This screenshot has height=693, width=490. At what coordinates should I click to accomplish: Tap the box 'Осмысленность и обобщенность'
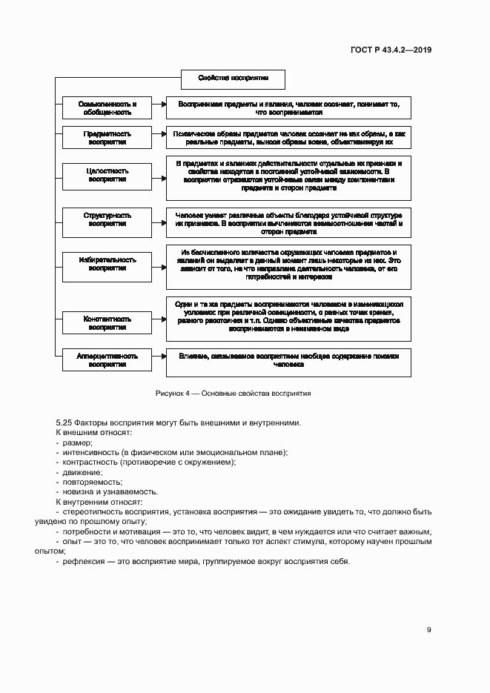107,108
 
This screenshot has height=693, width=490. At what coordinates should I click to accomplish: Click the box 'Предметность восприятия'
107,138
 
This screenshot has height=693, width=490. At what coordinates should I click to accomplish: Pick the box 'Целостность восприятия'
107,174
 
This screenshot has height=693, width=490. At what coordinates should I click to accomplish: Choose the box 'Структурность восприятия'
107,219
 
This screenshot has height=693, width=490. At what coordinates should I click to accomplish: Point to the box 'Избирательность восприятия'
107,264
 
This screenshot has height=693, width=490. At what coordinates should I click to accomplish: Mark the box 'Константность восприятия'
107,322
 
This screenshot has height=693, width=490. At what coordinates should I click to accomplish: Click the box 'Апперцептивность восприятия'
107,360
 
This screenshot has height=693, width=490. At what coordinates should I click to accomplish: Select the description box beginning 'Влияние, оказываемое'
288,361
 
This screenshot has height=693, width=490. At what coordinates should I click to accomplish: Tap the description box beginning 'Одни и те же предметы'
288,315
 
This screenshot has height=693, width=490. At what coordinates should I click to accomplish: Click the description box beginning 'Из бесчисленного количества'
288,265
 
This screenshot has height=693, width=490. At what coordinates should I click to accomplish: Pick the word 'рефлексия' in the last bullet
82,561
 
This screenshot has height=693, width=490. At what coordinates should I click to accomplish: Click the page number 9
428,630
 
